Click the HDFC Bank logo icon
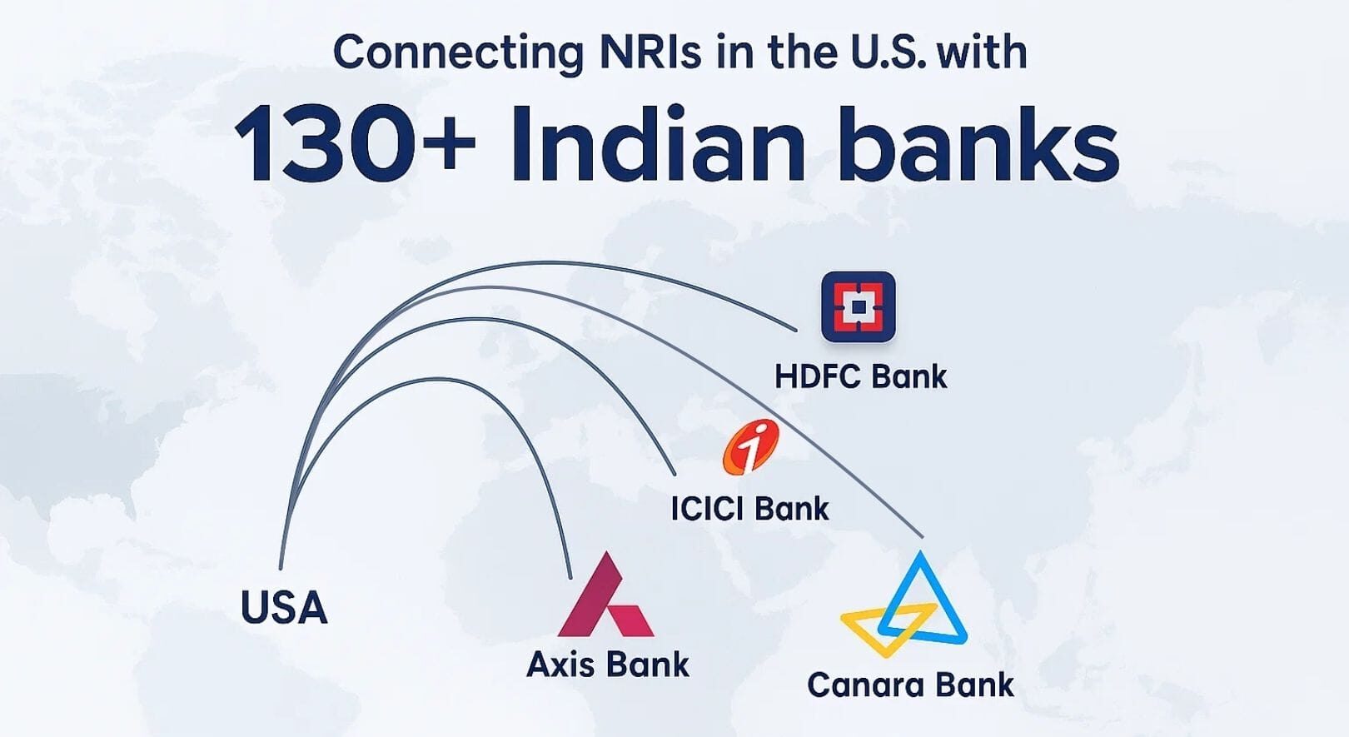click(x=858, y=306)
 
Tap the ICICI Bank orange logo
click(x=750, y=447)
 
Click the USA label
click(x=283, y=607)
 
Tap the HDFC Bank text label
click(x=860, y=376)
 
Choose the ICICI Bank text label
click(x=749, y=508)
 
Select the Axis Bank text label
click(x=608, y=665)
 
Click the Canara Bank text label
click(x=910, y=685)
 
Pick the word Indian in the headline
click(x=658, y=143)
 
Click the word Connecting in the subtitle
click(x=458, y=53)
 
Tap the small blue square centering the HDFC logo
click(x=859, y=307)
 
